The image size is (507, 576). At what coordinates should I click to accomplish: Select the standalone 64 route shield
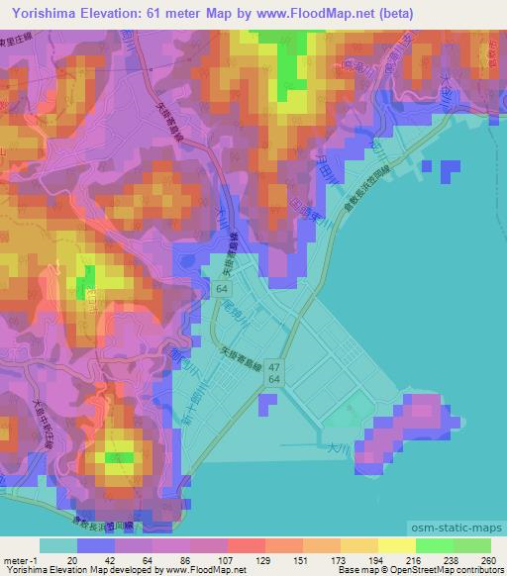tap(228, 287)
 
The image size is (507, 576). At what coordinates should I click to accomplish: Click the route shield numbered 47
tap(272, 366)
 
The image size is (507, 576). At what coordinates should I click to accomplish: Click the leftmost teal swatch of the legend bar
tap(57, 545)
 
